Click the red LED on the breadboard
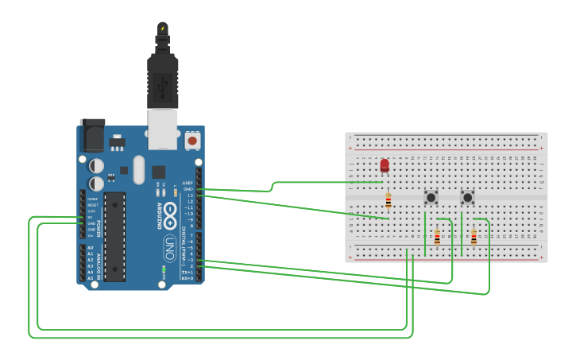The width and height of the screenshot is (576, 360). pos(385,165)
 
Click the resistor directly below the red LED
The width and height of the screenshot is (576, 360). pos(388,200)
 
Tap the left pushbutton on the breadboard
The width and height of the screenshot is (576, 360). pos(431,197)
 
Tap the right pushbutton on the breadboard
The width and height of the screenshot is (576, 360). pos(468,197)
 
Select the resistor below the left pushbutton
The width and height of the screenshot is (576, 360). pos(437,237)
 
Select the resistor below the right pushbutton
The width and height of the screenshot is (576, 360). pos(474,237)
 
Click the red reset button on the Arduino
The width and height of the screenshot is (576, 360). pos(191,141)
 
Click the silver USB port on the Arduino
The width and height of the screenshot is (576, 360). pos(163,129)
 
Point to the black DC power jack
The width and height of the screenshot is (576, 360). pos(92,135)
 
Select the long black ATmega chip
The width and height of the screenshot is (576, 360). pos(114,236)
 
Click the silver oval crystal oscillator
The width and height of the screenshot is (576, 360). pos(139,169)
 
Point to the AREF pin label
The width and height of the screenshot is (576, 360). pos(187,182)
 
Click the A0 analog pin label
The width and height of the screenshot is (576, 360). pos(90,248)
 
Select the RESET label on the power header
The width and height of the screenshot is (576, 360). pos(91,204)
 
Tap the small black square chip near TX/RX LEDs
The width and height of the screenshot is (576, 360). pos(158,171)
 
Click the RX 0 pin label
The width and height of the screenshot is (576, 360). pos(187,278)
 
